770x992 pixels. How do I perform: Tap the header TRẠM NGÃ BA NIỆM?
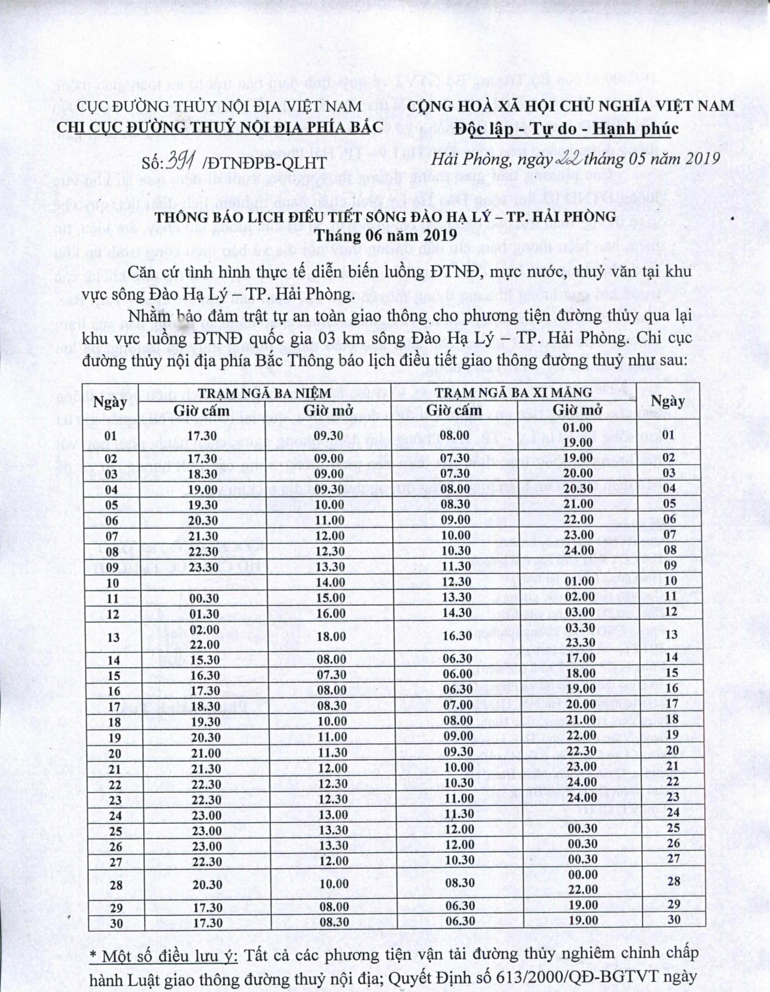pyautogui.click(x=264, y=393)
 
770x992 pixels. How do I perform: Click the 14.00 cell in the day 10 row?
pyautogui.click(x=330, y=583)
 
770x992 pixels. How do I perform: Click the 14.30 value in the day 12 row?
pyautogui.click(x=456, y=613)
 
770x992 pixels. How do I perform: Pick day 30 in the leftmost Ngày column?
pyautogui.click(x=114, y=923)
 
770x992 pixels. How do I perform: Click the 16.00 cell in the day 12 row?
pyautogui.click(x=330, y=613)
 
